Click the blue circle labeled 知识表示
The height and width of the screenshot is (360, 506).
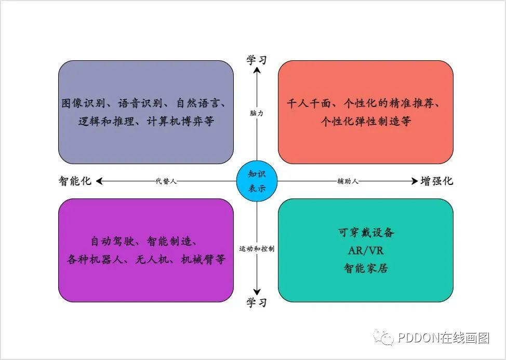coord(257,181)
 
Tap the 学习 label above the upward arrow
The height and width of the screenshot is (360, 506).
coord(257,60)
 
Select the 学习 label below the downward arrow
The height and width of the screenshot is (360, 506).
coord(257,303)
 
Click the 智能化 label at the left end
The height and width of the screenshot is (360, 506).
coord(75,181)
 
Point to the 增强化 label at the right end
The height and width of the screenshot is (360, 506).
coord(437,181)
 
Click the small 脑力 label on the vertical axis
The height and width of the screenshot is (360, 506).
coord(257,113)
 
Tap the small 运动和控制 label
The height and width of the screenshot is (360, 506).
coord(257,249)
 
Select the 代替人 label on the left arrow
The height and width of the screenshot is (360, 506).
coord(166,181)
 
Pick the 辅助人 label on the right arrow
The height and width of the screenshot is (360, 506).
coord(348,181)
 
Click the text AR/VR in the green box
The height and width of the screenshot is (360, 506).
coord(366,250)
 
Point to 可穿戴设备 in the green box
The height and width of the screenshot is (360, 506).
coord(366,232)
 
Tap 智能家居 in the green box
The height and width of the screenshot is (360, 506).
coord(366,269)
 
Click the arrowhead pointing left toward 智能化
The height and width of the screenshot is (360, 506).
coord(99,181)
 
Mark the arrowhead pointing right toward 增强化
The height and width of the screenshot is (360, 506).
coord(414,181)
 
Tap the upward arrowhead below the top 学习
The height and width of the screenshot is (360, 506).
coord(257,71)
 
